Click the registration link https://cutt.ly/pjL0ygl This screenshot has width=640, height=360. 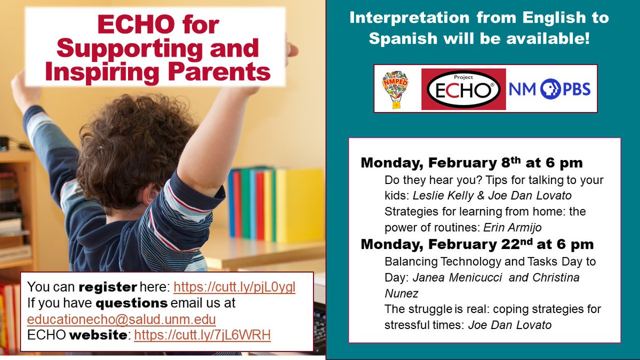235,287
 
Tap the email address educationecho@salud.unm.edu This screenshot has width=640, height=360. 122,319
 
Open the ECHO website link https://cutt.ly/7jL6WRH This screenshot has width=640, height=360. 203,335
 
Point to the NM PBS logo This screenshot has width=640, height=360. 549,89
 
